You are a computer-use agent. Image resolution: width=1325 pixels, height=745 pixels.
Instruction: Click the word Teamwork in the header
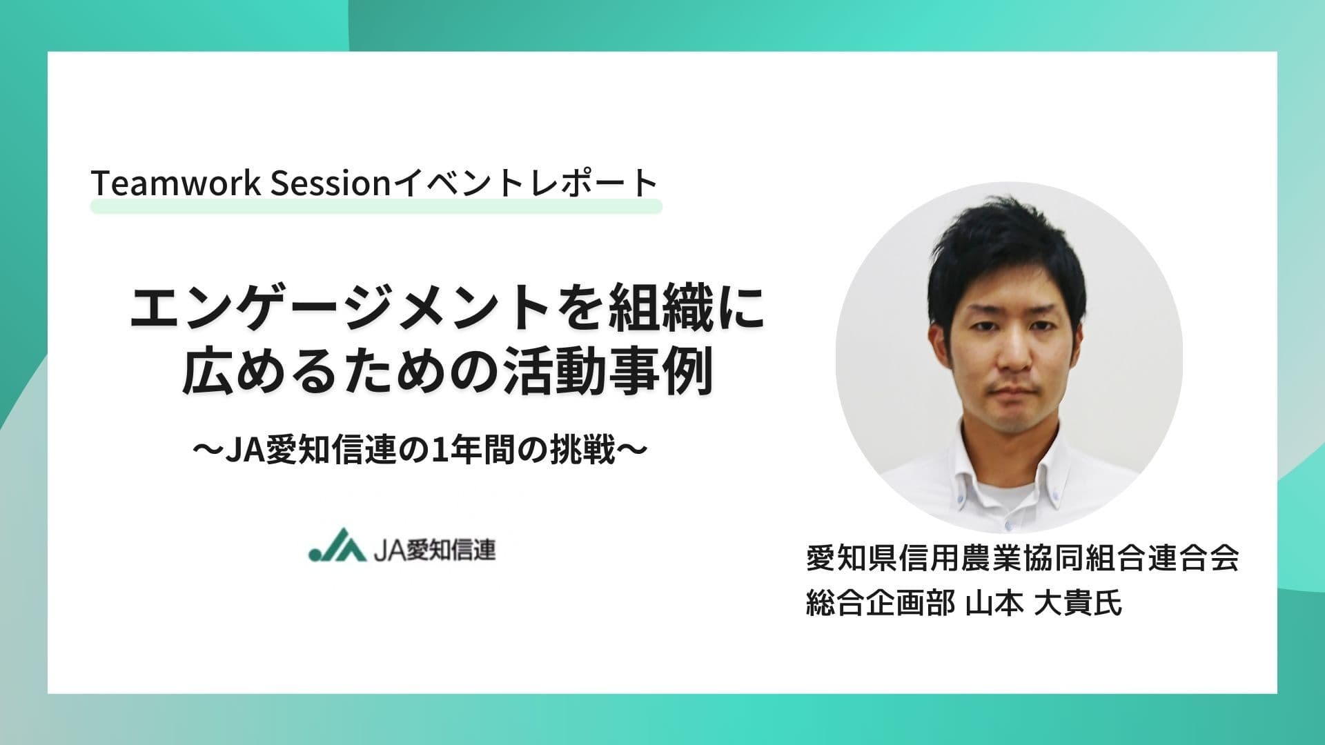tap(176, 183)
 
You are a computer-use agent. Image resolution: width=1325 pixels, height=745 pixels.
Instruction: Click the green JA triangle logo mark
tap(337, 546)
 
